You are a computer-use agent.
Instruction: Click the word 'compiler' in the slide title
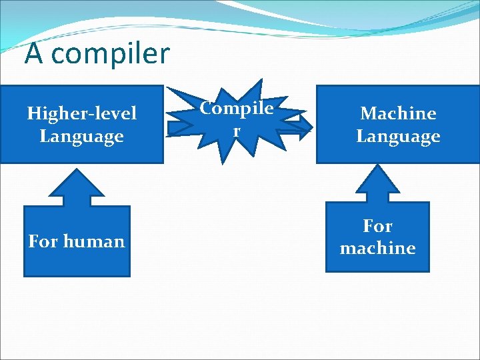(110, 54)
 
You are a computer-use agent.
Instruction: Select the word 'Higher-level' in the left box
(81, 113)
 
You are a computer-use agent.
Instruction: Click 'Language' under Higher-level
(81, 137)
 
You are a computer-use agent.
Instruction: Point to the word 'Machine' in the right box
(398, 113)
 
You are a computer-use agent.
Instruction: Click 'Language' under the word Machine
(398, 137)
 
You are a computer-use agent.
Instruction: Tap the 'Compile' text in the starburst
(237, 108)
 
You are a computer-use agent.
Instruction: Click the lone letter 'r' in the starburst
(236, 131)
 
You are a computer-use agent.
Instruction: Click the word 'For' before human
(43, 241)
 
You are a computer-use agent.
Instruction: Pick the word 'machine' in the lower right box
(377, 248)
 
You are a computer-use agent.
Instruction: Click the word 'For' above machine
(377, 226)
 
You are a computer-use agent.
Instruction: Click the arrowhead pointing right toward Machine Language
(306, 126)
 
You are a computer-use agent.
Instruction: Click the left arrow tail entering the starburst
(175, 126)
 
